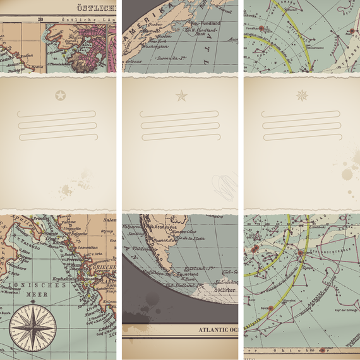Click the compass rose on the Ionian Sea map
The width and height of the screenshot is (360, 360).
click(33, 328)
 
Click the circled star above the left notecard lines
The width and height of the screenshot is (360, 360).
click(60, 95)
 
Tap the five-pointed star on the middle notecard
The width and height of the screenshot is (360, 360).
click(181, 95)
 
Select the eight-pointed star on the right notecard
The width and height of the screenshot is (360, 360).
click(302, 95)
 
